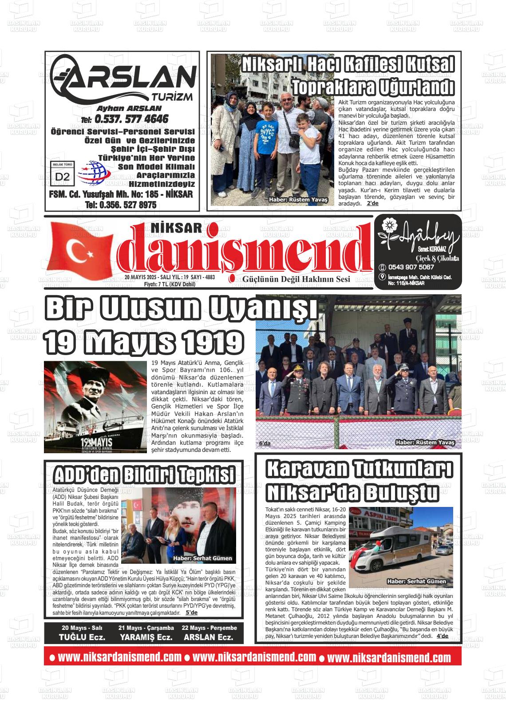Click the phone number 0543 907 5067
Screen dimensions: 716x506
click(x=411, y=267)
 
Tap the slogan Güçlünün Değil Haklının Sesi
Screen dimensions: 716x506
click(x=296, y=279)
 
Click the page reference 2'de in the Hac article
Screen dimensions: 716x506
click(x=372, y=203)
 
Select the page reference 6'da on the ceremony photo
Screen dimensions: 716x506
click(x=265, y=443)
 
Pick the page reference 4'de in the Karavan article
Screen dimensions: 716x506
click(x=442, y=636)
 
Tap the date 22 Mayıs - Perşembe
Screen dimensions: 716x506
click(x=209, y=628)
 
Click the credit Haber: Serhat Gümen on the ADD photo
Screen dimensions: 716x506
click(x=202, y=558)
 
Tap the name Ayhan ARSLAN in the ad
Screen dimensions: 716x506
click(x=129, y=108)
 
